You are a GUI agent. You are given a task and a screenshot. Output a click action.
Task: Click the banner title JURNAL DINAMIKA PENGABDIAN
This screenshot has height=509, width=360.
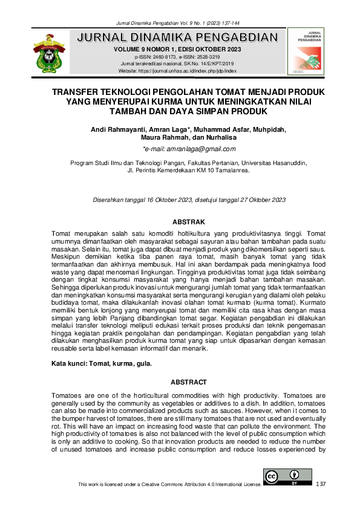pos(178,37)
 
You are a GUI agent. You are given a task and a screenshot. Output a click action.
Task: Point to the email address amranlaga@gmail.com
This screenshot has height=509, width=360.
pos(189,149)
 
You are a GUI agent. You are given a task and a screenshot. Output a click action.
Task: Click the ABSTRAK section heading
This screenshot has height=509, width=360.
pos(189,222)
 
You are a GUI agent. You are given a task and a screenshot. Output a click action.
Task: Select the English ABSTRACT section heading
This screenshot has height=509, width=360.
pos(189,382)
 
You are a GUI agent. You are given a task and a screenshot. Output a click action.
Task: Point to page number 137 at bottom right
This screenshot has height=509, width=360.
pos(321,484)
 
